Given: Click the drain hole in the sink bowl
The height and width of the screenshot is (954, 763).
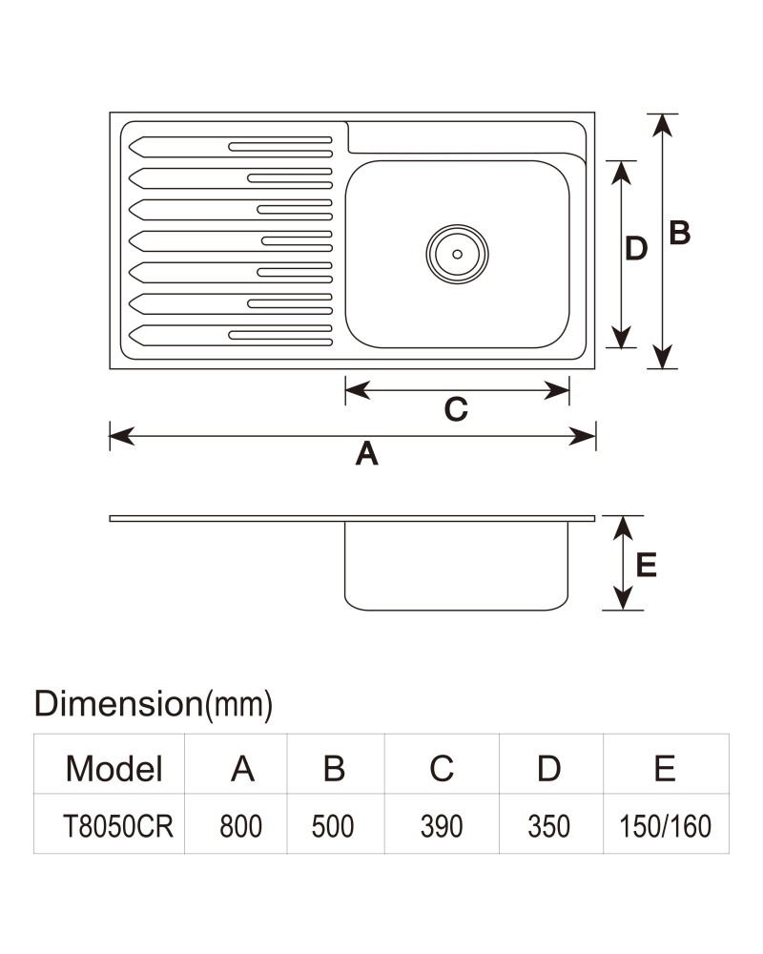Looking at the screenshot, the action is [457, 254].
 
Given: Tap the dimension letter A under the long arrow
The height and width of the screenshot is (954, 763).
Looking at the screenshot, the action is [367, 454].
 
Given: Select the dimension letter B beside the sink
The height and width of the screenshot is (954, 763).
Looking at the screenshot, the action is [680, 233].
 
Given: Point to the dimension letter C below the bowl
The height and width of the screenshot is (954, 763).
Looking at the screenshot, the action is [456, 409].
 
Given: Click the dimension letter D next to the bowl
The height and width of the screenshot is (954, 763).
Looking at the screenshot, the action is [636, 248].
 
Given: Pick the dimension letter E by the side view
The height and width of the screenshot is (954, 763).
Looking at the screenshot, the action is [647, 565].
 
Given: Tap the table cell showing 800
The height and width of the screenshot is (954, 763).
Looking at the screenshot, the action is [241, 826].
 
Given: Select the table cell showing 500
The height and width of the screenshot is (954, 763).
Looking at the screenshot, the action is [333, 826].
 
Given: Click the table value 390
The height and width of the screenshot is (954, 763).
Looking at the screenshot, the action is [442, 826].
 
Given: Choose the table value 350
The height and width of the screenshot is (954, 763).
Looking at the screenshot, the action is [548, 826].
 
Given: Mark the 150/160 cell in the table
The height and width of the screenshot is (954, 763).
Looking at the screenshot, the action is [665, 826].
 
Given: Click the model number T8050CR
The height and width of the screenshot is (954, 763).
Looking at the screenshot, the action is [118, 826].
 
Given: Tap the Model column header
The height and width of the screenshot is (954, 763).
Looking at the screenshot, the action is [114, 768].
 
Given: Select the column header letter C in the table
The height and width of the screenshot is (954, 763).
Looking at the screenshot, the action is [442, 768].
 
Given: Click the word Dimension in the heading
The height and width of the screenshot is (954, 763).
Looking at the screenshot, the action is [118, 703].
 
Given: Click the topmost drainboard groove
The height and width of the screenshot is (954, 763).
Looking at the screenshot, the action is [231, 147].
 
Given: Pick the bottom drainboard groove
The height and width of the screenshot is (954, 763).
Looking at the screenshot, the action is [231, 335].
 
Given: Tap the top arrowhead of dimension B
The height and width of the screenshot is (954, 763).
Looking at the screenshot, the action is [663, 125].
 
